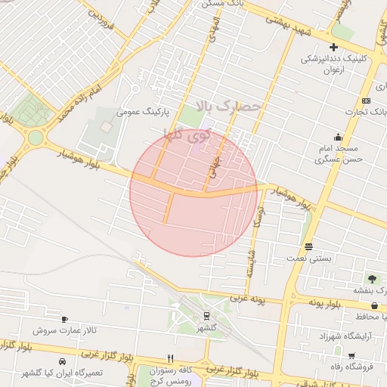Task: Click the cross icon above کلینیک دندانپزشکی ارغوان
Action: (333, 48)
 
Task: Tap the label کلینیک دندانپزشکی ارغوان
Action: (333, 63)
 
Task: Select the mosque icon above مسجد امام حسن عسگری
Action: (337, 137)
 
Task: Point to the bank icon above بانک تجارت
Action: (367, 101)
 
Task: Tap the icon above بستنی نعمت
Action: (308, 246)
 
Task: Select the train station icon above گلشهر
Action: (206, 316)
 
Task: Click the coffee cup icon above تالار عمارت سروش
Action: (64, 319)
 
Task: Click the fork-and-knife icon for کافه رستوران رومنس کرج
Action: (171, 358)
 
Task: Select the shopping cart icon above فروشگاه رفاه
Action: (351, 355)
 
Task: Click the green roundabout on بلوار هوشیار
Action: (35, 138)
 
